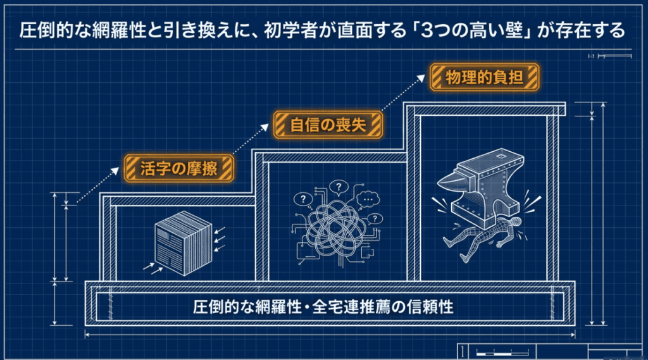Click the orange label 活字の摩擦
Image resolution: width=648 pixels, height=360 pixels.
[x=178, y=168]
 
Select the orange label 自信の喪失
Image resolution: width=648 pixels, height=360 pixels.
[x=328, y=125]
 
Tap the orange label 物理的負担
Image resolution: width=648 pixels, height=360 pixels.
[x=484, y=77]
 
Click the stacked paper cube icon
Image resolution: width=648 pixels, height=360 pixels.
[x=184, y=243]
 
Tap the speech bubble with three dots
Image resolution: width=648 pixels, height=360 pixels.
[x=368, y=200]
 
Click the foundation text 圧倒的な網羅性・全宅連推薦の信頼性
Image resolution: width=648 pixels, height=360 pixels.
[x=323, y=307]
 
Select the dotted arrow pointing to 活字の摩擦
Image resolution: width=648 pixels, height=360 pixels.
[x=97, y=185]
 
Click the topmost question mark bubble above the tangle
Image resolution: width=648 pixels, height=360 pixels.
[x=339, y=187]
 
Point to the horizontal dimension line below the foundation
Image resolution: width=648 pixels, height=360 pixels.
[x=330, y=335]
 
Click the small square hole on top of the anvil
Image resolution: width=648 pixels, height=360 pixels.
[x=501, y=156]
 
